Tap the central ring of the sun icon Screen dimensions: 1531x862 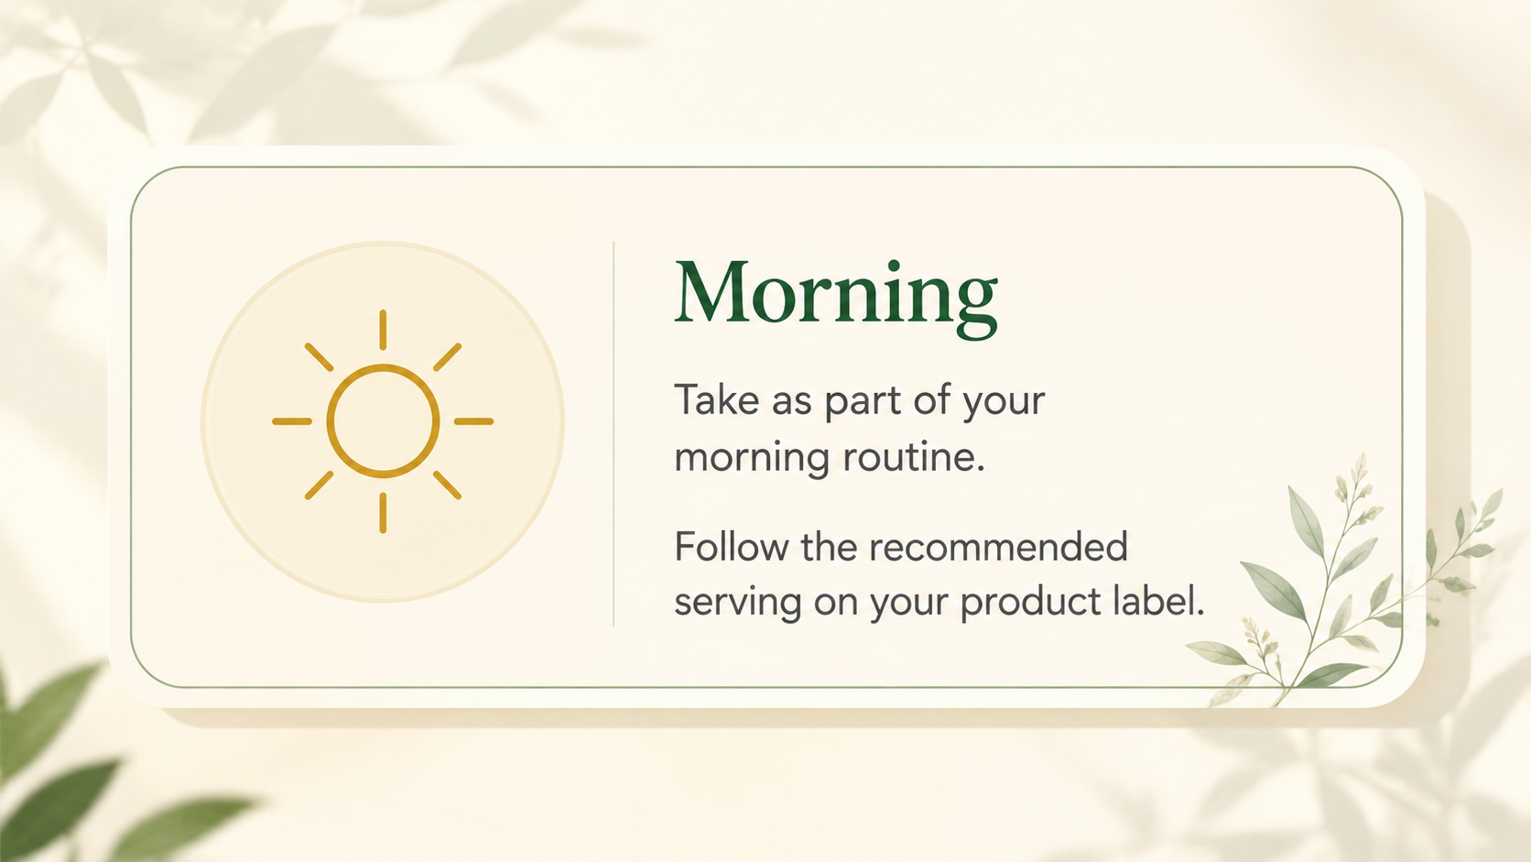pyautogui.click(x=383, y=366)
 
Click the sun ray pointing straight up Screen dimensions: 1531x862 pyautogui.click(x=383, y=330)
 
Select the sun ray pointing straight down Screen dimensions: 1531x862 pyautogui.click(x=383, y=513)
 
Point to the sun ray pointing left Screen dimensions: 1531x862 pyautogui.click(x=292, y=421)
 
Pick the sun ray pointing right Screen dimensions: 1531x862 pyautogui.click(x=473, y=421)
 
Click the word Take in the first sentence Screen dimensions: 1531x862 pyautogui.click(x=717, y=400)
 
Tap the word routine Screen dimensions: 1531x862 pyautogui.click(x=914, y=457)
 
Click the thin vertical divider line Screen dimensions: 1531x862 pyautogui.click(x=613, y=434)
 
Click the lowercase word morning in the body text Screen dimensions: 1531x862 pyautogui.click(x=752, y=459)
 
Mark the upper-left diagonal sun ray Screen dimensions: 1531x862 pyautogui.click(x=320, y=357)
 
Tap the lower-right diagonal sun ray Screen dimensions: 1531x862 pyautogui.click(x=447, y=486)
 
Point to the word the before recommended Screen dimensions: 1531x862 pyautogui.click(x=829, y=546)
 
